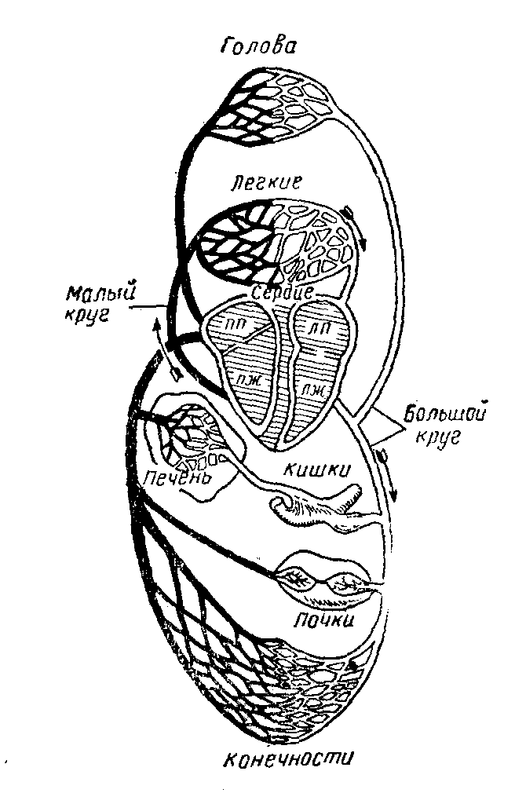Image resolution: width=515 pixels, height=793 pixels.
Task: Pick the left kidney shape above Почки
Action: pyautogui.click(x=298, y=582)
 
